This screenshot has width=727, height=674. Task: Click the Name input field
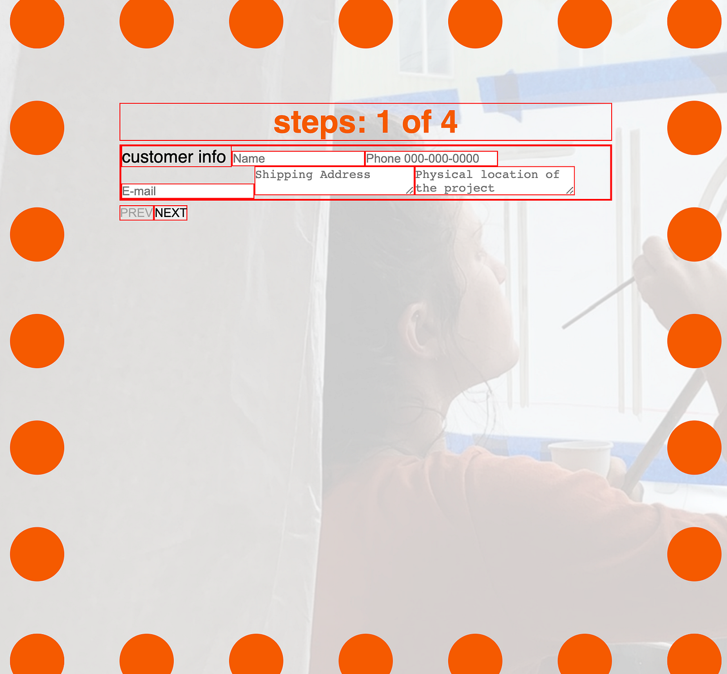coord(298,159)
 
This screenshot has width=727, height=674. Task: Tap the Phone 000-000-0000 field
coord(431,159)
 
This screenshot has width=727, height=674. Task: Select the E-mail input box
coord(187,191)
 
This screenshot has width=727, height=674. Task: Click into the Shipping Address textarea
coord(334,181)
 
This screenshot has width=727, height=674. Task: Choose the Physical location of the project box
coord(494,181)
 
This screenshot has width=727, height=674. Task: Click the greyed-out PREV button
coord(136,213)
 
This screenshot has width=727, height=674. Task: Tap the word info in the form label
coord(212,157)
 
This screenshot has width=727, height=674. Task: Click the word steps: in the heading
coord(320,122)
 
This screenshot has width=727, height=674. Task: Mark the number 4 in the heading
coord(449,122)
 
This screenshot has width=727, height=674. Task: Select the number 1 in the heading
coord(384,122)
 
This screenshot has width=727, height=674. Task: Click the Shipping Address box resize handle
coord(410,190)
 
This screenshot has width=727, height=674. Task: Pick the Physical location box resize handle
coord(570,190)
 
